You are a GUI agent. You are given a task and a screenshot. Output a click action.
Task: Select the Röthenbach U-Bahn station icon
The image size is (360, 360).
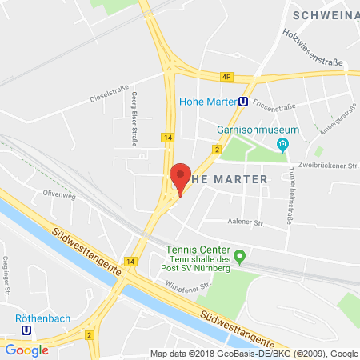(x=27, y=328)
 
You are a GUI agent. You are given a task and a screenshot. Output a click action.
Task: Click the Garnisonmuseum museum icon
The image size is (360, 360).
(x=282, y=144)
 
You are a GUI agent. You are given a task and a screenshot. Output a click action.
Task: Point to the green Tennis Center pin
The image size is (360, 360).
(x=246, y=254)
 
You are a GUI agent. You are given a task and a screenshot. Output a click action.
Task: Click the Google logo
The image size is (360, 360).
(x=27, y=350)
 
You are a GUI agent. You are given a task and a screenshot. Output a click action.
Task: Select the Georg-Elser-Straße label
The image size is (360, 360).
(x=132, y=118)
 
